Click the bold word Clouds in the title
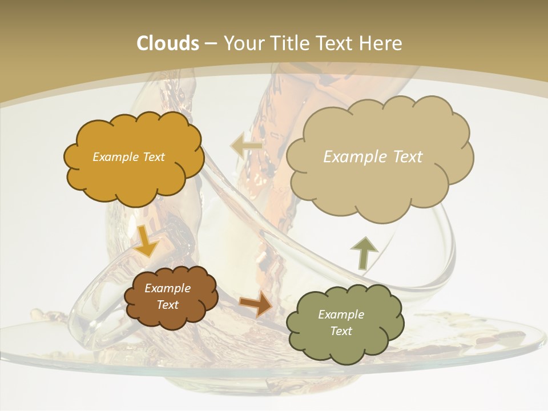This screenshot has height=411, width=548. [x=167, y=43]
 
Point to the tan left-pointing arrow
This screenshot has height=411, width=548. [x=246, y=146]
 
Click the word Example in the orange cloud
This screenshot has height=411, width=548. [x=115, y=157]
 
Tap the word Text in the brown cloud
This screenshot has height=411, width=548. [x=168, y=305]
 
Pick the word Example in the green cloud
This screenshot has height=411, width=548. [x=341, y=315]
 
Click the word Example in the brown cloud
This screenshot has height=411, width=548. [x=168, y=288]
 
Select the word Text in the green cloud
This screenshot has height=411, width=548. [x=341, y=331]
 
